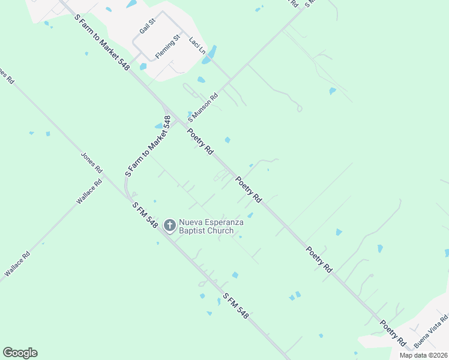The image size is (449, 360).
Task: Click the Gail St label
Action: pos(147,26)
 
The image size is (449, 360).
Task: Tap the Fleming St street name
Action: pos(167,47)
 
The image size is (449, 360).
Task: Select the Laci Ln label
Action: pos(197,46)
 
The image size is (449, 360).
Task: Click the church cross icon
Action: pos(170,225)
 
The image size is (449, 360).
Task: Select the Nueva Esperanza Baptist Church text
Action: pos(214,226)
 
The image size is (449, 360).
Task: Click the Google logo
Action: pos(20,352)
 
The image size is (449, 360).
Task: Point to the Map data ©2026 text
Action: pos(424,355)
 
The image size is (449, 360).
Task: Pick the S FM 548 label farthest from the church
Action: pos(235,306)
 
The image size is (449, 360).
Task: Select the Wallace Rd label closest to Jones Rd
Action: pos(88,191)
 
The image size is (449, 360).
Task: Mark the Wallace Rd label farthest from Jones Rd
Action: pos(17,264)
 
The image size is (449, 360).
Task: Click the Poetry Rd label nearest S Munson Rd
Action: pos(200,142)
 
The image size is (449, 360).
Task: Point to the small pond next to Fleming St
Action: pos(143,67)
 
